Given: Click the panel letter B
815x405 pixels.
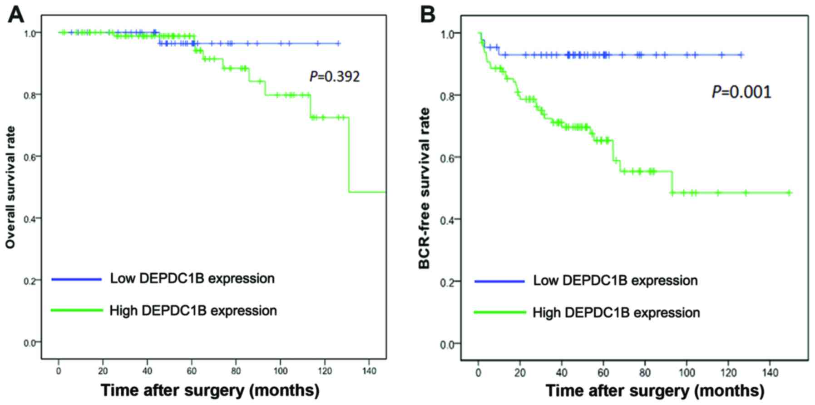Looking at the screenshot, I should [427, 15].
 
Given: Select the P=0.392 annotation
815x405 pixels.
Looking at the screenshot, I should [335, 76].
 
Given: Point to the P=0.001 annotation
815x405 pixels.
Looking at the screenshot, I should [741, 92].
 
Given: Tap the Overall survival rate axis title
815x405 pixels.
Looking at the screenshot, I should [11, 188].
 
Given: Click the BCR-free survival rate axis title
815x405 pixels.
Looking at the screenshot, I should [425, 188].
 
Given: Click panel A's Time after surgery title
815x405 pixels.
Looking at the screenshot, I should [210, 390].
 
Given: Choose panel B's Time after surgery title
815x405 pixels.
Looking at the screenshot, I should [655, 391].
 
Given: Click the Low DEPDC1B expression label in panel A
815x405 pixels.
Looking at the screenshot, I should [192, 278].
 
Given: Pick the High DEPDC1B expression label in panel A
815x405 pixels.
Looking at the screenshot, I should [193, 311].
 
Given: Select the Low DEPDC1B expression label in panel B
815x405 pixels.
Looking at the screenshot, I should [615, 281].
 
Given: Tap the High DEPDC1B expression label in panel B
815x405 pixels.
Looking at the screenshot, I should [616, 313].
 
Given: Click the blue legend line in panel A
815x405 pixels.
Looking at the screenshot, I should [76, 279].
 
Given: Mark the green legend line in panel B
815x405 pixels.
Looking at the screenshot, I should [500, 312].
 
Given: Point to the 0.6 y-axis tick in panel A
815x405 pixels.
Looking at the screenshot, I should [30, 157].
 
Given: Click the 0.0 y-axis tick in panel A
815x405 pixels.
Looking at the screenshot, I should [30, 343].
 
